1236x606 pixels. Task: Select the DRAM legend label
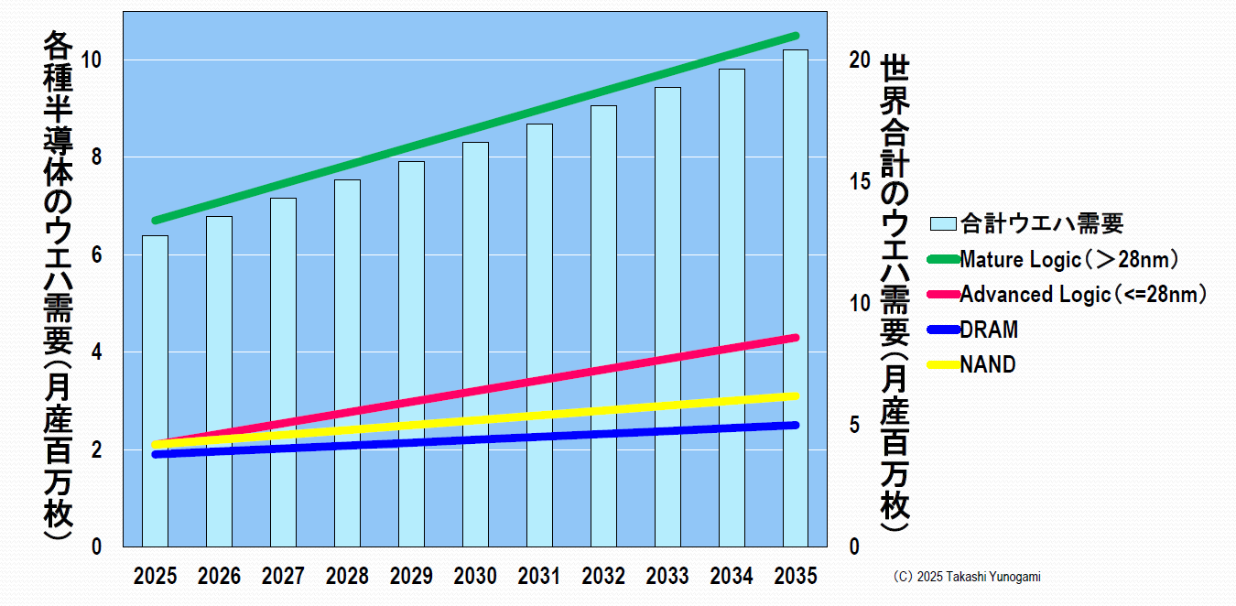[989, 330]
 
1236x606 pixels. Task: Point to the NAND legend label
[988, 364]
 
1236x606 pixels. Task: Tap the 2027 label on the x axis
[283, 577]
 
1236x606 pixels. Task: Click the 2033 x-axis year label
[667, 577]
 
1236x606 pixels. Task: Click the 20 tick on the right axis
[858, 60]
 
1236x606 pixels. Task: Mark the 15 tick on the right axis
[858, 181]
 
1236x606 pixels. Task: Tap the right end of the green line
[796, 36]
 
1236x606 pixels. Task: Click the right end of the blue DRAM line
[796, 425]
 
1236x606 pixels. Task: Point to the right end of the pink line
[796, 338]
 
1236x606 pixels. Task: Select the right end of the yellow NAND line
[796, 395]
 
